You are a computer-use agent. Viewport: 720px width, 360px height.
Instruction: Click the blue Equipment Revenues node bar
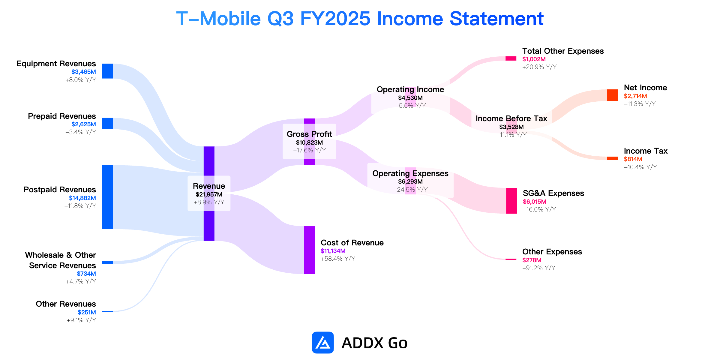pos(107,71)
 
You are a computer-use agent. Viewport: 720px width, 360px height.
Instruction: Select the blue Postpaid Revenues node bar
pos(107,197)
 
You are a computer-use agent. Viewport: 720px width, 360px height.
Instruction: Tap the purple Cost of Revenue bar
pos(310,250)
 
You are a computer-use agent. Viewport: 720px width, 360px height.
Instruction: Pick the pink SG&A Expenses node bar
pos(511,201)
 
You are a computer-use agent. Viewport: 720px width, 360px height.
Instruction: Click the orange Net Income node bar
pos(613,95)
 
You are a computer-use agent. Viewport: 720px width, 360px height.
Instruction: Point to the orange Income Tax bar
pos(613,158)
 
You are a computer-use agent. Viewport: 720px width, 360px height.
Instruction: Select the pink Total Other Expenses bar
pos(511,58)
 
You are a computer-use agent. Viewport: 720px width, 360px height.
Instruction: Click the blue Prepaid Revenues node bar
pos(107,124)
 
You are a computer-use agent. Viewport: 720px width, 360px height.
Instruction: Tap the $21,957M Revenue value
pos(209,194)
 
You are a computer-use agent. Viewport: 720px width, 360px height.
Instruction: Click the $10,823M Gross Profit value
pos(309,142)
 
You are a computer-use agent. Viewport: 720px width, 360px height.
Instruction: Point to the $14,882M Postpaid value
pos(82,198)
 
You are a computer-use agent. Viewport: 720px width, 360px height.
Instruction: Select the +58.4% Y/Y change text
pos(338,259)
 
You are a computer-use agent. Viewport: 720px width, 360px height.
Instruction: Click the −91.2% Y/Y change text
pos(539,268)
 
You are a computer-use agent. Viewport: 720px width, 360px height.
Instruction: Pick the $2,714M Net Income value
pos(635,96)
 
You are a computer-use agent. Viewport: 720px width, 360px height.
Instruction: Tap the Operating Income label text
pos(410,89)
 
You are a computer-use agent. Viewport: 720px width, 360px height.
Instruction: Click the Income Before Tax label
pos(511,118)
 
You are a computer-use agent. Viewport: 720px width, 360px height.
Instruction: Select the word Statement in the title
pos(496,19)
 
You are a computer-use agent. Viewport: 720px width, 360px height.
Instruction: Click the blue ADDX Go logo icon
pos(323,343)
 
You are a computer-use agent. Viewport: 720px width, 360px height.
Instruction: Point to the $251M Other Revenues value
pos(87,312)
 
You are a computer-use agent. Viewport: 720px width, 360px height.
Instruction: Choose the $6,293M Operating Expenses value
pos(410,181)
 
